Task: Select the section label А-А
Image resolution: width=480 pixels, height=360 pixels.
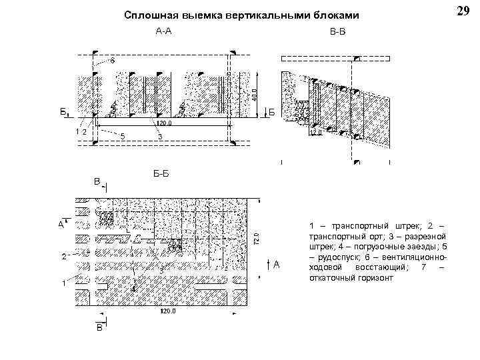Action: point(163,31)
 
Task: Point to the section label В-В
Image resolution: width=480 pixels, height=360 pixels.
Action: point(338,31)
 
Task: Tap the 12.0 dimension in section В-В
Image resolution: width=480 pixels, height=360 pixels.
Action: point(315,133)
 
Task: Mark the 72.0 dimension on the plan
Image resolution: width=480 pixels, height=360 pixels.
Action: point(256,237)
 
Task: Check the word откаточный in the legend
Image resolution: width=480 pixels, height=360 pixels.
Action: point(334,277)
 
